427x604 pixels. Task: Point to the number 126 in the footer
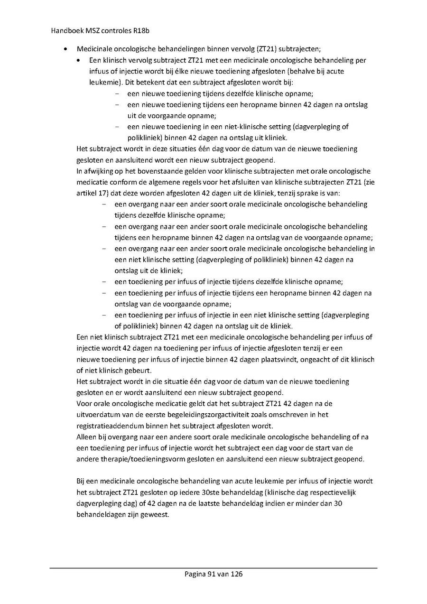[237, 574]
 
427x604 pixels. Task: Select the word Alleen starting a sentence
[86, 437]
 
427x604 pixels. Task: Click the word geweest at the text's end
[155, 514]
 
